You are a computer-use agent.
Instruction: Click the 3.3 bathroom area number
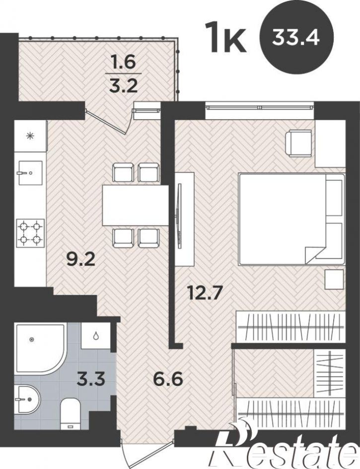(x=90, y=380)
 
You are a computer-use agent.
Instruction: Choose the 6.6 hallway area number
(x=168, y=380)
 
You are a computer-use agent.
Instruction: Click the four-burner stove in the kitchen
(x=30, y=233)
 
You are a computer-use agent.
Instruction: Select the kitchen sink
(x=30, y=173)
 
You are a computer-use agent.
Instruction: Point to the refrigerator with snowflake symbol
(x=30, y=136)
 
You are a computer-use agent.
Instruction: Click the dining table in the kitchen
(x=136, y=205)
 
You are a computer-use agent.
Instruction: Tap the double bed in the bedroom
(x=291, y=219)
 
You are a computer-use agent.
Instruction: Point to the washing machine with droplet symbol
(x=96, y=335)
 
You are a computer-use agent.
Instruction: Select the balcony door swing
(x=108, y=121)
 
